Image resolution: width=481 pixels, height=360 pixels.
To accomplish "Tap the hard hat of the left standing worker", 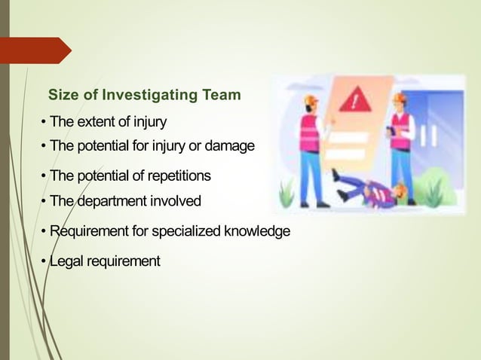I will [x=310, y=100].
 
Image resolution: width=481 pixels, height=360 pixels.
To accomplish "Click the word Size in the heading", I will [x=63, y=96].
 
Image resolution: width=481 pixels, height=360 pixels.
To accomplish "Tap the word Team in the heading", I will [x=221, y=96].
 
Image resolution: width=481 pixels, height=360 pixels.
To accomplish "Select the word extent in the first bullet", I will [x=97, y=121].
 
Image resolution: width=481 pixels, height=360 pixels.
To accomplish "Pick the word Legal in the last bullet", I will [x=66, y=261].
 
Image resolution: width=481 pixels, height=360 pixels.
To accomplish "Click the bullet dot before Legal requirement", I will [x=44, y=262].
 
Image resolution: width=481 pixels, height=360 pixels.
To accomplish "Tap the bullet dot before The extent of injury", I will [x=44, y=122].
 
